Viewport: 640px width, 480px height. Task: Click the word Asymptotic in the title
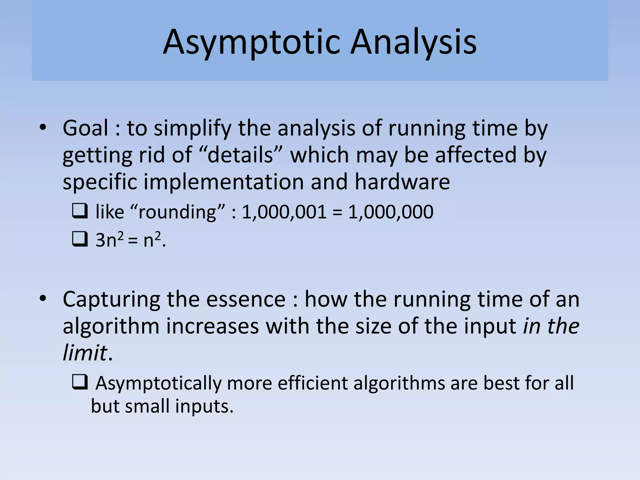click(251, 42)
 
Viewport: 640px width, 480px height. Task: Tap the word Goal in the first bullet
click(85, 128)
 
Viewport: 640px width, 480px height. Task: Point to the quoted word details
click(240, 155)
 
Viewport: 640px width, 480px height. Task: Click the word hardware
click(402, 182)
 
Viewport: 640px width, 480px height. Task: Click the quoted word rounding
click(177, 212)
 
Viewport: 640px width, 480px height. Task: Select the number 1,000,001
click(284, 212)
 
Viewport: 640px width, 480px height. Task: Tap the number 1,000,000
click(391, 212)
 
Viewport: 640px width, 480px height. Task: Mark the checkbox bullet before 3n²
click(80, 240)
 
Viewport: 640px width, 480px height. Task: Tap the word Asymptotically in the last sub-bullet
click(158, 383)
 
